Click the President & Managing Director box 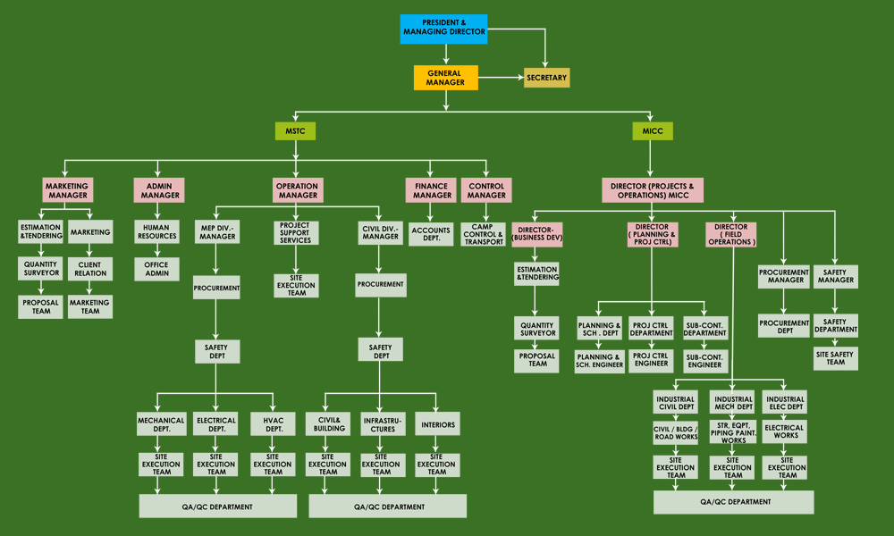[x=444, y=29]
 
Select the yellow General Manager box [x=445, y=78]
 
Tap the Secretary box [x=546, y=78]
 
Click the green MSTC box [x=295, y=132]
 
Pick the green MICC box [x=652, y=132]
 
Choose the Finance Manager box [x=432, y=190]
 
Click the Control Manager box [x=486, y=190]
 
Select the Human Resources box [x=156, y=232]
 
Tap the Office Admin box [x=156, y=270]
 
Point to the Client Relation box [x=90, y=270]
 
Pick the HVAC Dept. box [x=273, y=424]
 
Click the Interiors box [x=437, y=424]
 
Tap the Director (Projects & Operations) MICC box [x=652, y=190]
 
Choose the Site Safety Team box [x=835, y=358]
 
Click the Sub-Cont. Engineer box [x=704, y=361]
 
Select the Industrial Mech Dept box [x=733, y=403]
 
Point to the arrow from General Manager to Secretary [x=500, y=79]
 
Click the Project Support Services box [x=295, y=232]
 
